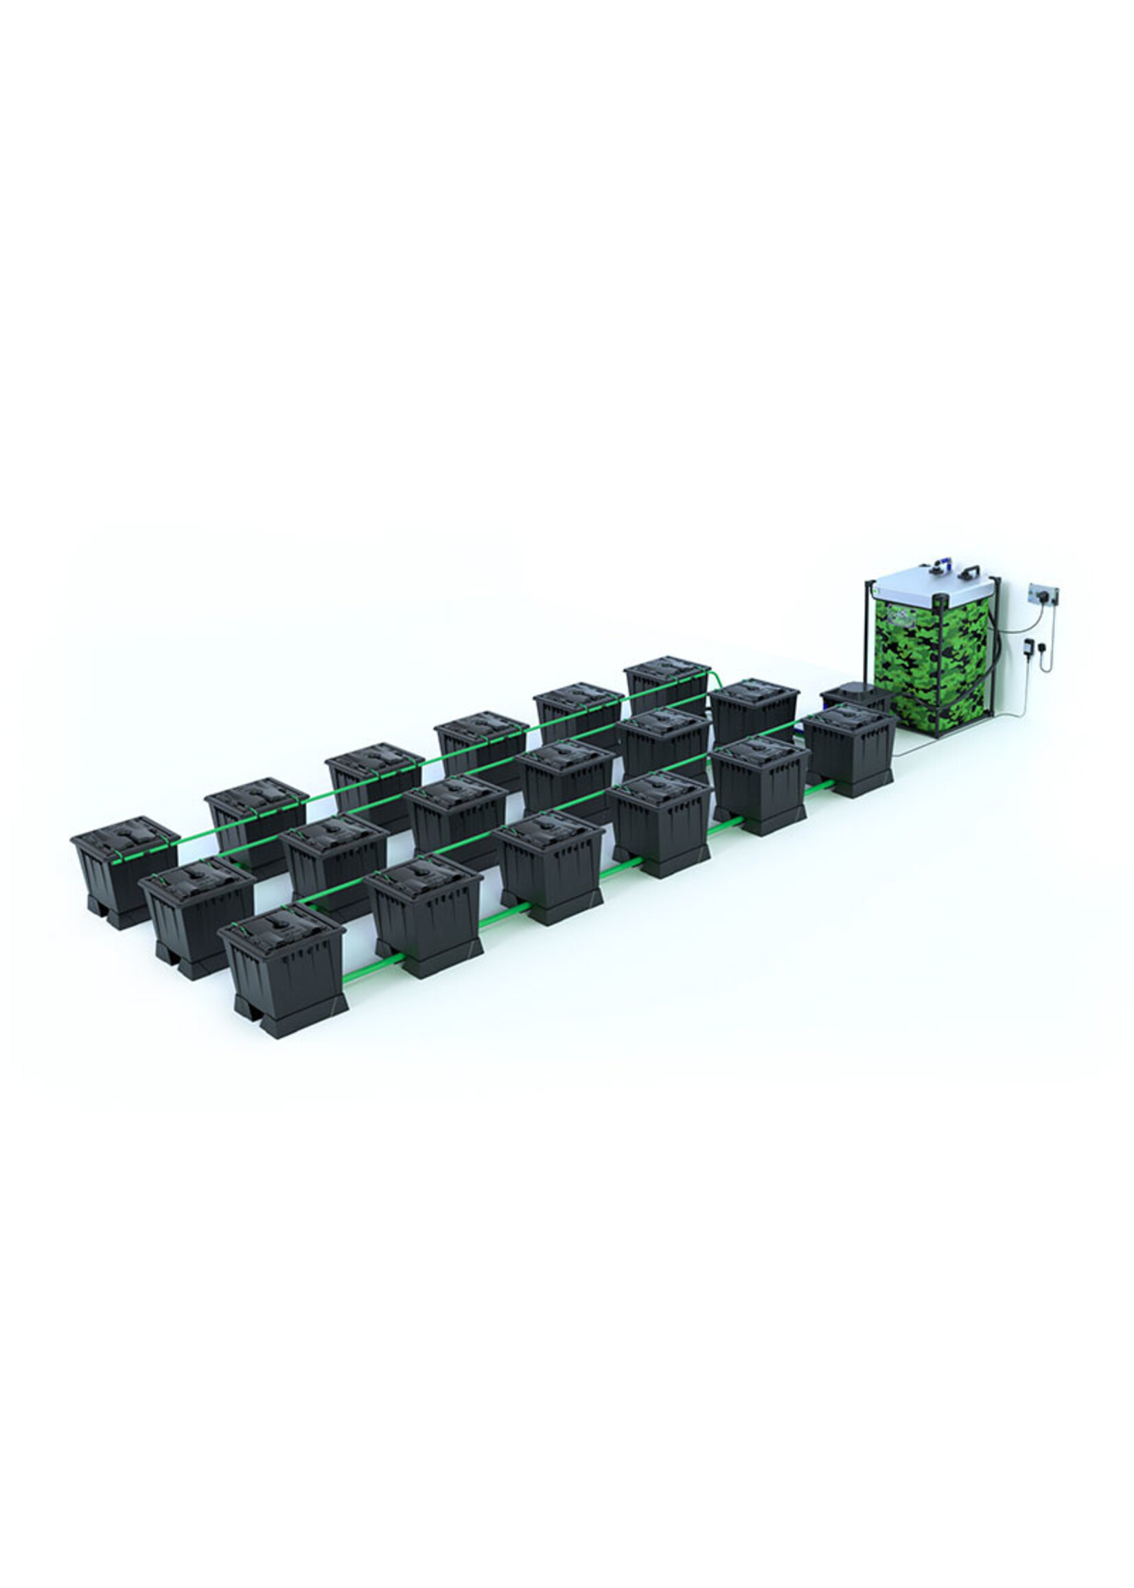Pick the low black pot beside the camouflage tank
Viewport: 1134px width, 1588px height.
pos(855,695)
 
